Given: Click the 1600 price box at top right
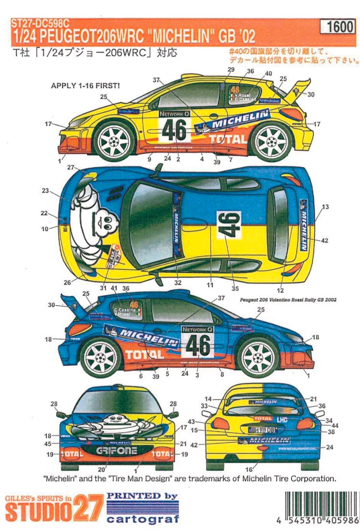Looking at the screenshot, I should click(x=339, y=27).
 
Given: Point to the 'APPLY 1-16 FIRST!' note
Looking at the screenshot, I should click(x=85, y=86).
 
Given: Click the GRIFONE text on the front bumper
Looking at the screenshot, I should click(x=116, y=451).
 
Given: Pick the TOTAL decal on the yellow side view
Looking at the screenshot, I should click(x=228, y=139).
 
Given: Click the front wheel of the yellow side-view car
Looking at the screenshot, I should click(x=113, y=140).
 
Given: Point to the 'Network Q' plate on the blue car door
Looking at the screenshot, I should click(x=197, y=330).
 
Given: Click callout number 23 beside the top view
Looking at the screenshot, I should click(x=46, y=191).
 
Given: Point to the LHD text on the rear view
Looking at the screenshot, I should click(x=282, y=420).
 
